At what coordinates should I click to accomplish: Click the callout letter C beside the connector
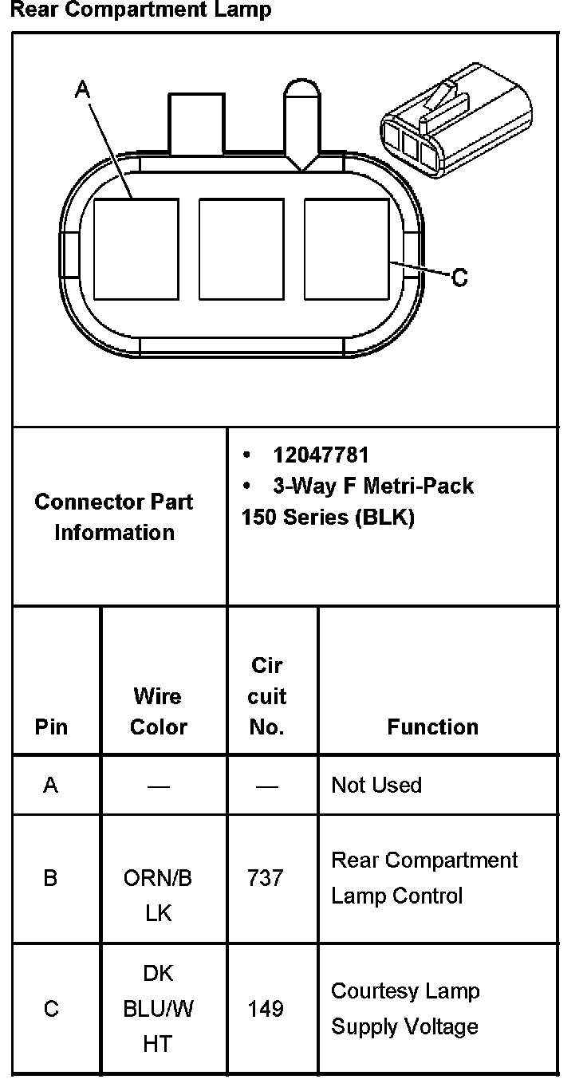click(459, 278)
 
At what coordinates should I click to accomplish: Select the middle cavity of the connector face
click(241, 249)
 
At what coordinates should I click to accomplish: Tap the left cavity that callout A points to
click(136, 249)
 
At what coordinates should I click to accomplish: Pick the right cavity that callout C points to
click(347, 249)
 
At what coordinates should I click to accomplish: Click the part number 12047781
click(321, 455)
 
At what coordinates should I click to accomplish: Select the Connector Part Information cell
click(114, 517)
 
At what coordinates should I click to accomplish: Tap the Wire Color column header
click(158, 711)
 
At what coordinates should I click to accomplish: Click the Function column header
click(432, 727)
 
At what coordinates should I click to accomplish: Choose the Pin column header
click(51, 727)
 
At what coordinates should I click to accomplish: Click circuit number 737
click(266, 878)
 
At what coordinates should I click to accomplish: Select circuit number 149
click(266, 1009)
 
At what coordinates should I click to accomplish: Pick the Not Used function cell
click(376, 785)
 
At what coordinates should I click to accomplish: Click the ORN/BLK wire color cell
click(158, 895)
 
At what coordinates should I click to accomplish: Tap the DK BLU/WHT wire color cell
click(158, 1009)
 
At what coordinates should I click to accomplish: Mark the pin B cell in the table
click(51, 878)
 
